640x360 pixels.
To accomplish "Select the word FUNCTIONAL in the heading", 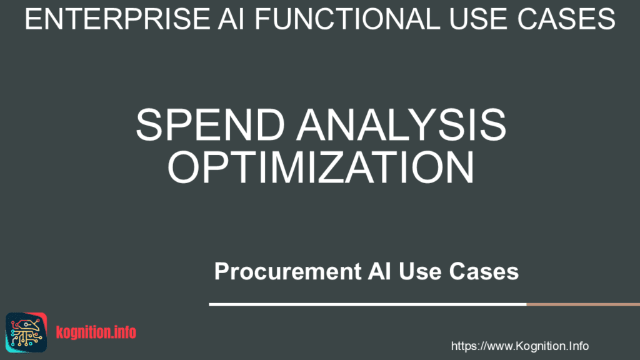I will pyautogui.click(x=340, y=20).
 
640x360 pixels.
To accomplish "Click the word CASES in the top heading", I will pyautogui.click(x=568, y=20).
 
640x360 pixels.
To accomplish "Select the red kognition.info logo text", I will pyautogui.click(x=96, y=332).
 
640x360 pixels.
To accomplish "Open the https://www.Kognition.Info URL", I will pyautogui.click(x=519, y=346).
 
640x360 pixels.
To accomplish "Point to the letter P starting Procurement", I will pyautogui.click(x=221, y=272).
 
